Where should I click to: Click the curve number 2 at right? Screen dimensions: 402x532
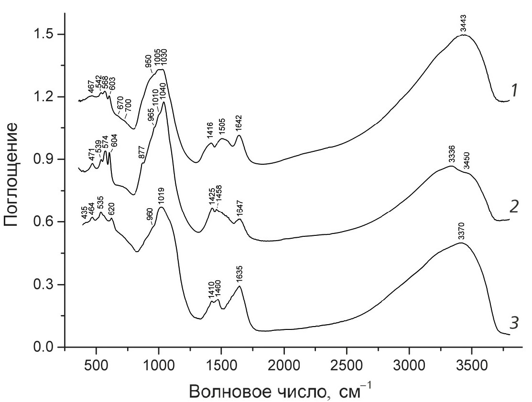(514, 206)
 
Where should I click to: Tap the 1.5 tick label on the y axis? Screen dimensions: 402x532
(47, 34)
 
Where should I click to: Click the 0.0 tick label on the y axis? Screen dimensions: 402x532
(47, 348)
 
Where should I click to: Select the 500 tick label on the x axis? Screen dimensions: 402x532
(97, 366)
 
